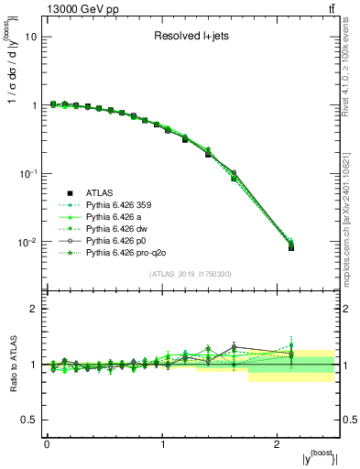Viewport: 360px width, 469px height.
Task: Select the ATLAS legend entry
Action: tap(100, 192)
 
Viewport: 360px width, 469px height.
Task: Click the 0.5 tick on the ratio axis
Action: tap(27, 420)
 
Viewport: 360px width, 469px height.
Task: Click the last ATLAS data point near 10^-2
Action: tap(291, 247)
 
